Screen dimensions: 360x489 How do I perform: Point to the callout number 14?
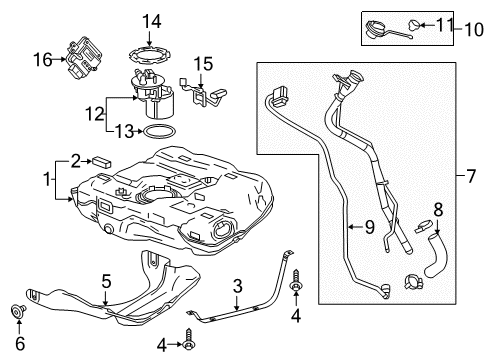pos(150,20)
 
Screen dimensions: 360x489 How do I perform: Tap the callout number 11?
pos(444,22)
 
